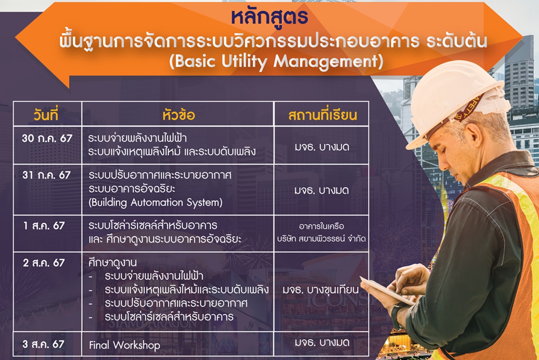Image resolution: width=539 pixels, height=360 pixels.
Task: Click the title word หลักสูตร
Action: click(270, 18)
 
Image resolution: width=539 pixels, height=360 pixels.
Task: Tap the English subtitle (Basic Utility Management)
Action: click(276, 61)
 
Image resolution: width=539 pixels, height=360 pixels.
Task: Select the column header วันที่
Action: click(46, 114)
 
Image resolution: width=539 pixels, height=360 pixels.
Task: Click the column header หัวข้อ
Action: click(179, 115)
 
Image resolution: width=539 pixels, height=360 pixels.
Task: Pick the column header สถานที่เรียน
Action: click(323, 115)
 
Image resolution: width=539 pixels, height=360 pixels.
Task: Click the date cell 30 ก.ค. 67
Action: click(47, 138)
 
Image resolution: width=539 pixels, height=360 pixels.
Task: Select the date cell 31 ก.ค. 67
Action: click(47, 175)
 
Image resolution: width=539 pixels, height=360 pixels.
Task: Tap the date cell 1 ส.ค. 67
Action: click(44, 226)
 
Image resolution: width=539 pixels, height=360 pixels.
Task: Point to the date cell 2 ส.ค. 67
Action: click(44, 263)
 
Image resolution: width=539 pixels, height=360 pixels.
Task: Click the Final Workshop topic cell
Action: click(125, 345)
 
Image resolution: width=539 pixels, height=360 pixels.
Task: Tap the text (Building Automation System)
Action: click(155, 202)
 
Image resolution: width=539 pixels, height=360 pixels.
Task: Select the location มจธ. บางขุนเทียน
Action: click(321, 290)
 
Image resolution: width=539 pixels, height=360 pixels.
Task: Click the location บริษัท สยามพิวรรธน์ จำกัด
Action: click(322, 239)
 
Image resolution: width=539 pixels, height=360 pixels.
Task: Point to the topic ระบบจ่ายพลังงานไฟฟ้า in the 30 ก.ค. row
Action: click(137, 138)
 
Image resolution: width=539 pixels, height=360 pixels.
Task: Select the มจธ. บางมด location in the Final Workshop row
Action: click(322, 342)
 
